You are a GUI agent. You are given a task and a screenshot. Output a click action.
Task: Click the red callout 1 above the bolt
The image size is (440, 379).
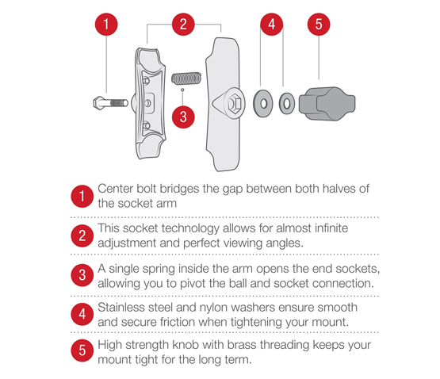(106, 25)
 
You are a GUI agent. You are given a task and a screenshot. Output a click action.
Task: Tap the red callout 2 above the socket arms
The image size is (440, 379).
(183, 25)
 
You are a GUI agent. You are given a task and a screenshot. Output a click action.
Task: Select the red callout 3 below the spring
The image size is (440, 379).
(183, 117)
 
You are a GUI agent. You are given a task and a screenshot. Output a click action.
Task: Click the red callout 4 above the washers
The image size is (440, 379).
(271, 25)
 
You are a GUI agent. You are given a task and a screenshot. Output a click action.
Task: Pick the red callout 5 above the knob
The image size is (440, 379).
(319, 25)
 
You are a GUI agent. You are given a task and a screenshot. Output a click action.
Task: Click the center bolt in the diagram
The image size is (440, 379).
(110, 103)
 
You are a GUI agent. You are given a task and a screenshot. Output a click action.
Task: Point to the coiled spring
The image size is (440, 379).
(186, 78)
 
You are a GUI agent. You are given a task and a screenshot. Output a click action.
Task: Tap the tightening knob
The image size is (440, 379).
(327, 104)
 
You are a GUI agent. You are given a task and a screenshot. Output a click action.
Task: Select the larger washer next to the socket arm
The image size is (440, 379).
(263, 104)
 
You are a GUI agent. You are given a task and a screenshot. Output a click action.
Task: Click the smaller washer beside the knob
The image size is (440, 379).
(286, 104)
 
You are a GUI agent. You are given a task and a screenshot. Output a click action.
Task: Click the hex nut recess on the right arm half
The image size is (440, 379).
(232, 104)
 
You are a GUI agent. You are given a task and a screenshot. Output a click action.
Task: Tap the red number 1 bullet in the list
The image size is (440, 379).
(82, 196)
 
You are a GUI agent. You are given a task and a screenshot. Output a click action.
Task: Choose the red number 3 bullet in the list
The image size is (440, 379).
(82, 275)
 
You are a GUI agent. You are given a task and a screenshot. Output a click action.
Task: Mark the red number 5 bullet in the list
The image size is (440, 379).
(82, 350)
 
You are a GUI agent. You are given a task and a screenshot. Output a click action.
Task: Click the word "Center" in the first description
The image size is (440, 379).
(116, 189)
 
